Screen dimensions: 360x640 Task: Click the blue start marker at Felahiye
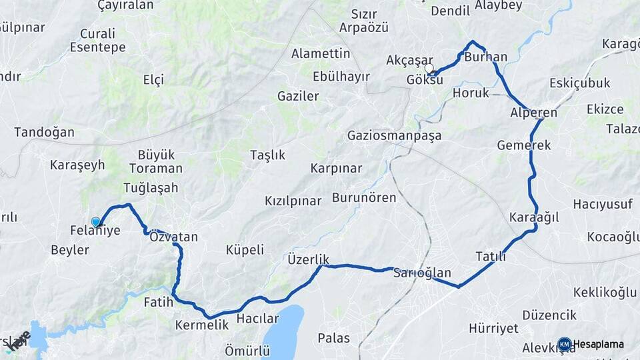pos(96,222)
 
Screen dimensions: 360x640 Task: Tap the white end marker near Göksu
pos(429,68)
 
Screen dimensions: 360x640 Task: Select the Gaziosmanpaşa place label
pos(394,135)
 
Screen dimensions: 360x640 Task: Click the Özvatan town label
pos(173,237)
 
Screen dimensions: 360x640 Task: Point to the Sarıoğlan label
pos(422,273)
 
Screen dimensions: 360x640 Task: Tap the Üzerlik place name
pos(309,258)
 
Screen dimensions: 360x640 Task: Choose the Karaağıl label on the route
pos(533,217)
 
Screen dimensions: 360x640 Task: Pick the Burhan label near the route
pos(485,57)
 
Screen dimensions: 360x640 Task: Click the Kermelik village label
pos(201,325)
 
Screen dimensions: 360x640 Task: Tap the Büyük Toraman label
pos(155,161)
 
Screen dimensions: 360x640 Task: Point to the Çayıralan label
pos(125,5)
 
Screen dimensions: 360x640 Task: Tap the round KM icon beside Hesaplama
pos(564,344)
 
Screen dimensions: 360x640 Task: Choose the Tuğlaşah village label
pos(151,187)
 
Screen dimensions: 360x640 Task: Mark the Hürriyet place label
pos(493,328)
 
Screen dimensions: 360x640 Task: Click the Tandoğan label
pos(44,132)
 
